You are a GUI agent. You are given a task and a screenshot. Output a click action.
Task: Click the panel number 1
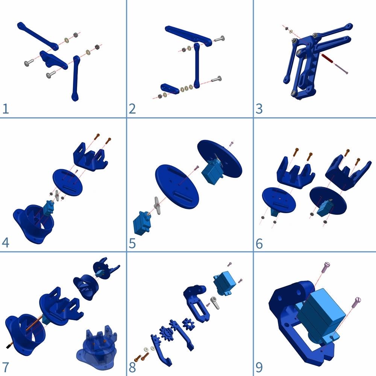[x=6, y=109]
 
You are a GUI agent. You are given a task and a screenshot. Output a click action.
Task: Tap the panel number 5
[x=132, y=243]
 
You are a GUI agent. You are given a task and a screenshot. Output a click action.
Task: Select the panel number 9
[x=259, y=367]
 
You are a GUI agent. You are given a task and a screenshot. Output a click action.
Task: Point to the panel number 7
[x=6, y=367]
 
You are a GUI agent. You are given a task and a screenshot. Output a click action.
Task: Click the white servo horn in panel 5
[x=157, y=206]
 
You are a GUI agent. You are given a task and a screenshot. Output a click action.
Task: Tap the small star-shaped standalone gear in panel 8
[x=188, y=324]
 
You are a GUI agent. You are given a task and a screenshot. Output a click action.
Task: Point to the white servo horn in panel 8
[x=215, y=303]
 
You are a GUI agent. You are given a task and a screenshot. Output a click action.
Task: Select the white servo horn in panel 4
[x=57, y=196]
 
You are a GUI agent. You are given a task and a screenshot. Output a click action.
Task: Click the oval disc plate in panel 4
[x=68, y=182]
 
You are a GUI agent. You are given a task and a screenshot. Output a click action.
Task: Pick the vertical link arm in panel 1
[x=76, y=79]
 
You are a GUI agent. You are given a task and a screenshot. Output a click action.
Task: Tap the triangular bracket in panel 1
[x=53, y=60]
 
